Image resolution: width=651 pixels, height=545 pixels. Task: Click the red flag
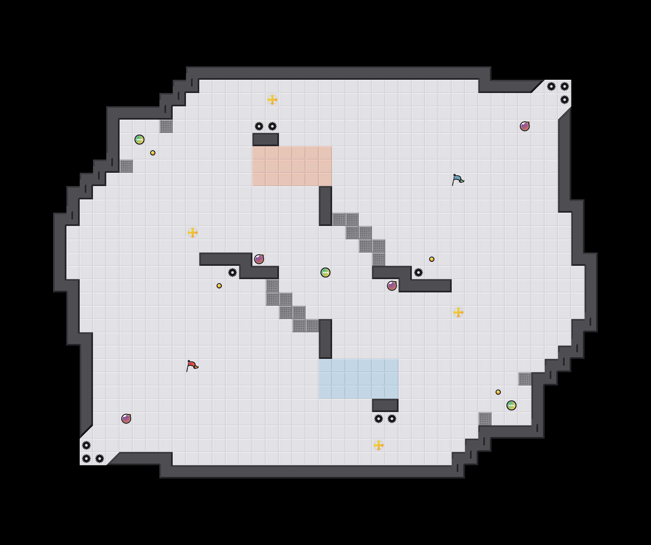(192, 366)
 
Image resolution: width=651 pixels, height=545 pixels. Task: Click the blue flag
(458, 179)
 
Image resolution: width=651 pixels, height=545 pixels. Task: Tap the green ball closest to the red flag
(325, 272)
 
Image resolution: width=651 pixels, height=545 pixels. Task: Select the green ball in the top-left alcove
(139, 140)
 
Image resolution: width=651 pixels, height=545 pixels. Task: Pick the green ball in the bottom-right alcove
(511, 405)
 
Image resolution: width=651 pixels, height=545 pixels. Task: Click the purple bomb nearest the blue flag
(525, 126)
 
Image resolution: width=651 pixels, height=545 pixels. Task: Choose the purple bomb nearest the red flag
(126, 419)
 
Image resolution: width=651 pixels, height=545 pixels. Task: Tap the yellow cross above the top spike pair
(272, 100)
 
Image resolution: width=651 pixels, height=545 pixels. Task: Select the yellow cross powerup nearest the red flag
(193, 233)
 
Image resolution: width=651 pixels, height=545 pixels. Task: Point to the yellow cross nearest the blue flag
(458, 312)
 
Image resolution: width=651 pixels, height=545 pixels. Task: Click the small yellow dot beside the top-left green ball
(153, 153)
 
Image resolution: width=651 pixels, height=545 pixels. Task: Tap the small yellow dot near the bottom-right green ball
(498, 392)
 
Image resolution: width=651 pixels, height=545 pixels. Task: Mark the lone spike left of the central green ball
(232, 272)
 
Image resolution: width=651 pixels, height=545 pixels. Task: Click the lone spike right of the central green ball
(418, 272)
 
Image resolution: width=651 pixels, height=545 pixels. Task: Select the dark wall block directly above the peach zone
(266, 140)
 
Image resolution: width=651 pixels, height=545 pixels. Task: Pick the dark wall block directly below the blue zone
(385, 405)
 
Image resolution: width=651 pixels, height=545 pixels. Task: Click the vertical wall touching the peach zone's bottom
(325, 206)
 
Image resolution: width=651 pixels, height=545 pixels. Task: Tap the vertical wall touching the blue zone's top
(325, 339)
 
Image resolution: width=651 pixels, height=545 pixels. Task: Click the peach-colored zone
(292, 166)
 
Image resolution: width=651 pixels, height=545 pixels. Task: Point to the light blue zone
(359, 379)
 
